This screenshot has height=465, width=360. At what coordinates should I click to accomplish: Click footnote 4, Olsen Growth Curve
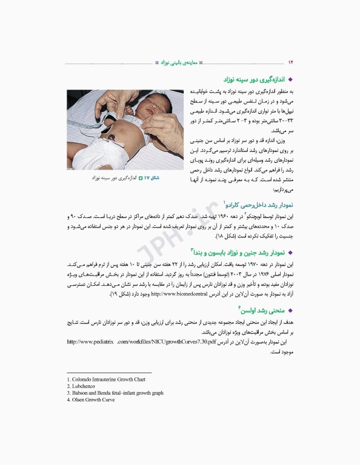92,400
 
